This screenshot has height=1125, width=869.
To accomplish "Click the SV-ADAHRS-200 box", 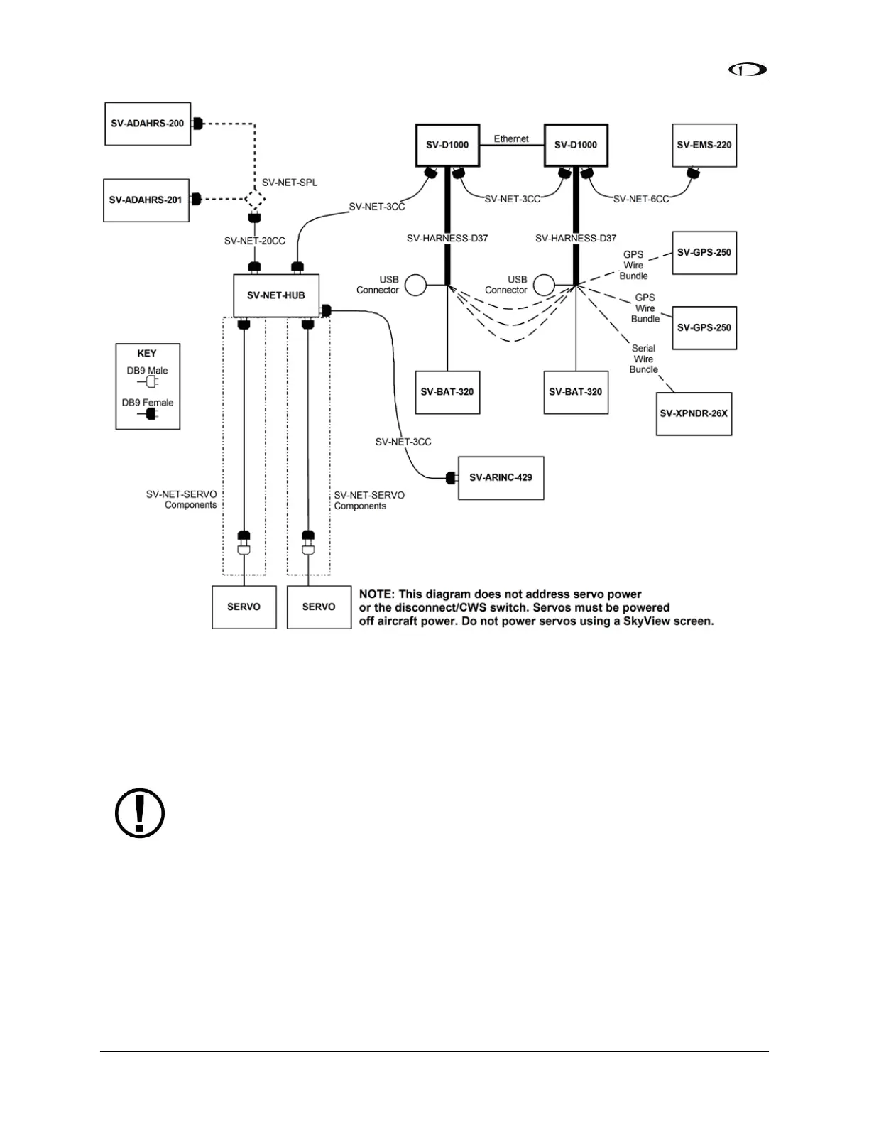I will click(148, 124).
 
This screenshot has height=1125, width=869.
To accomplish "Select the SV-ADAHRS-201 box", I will click(146, 200).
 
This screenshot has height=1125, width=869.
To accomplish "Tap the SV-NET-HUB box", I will click(276, 295).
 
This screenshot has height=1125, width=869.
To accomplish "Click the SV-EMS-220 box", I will click(704, 146).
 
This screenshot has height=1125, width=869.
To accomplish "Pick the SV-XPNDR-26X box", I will click(694, 413).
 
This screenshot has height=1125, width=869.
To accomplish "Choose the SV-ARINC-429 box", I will click(501, 478).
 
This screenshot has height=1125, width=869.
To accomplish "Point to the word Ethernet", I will click(511, 139).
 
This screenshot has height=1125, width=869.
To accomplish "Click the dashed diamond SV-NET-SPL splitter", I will click(255, 200).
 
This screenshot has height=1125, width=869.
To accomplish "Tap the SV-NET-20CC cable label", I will click(255, 241).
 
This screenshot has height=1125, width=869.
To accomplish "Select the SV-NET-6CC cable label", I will click(641, 200).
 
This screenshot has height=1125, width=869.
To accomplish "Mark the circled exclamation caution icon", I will click(140, 812).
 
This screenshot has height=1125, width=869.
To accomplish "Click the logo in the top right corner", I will click(748, 71).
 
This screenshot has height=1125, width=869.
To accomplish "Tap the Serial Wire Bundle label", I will click(644, 359).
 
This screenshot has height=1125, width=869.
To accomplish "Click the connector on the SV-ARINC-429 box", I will click(452, 478).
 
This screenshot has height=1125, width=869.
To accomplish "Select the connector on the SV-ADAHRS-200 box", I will click(198, 124).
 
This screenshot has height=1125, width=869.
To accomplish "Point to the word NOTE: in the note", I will click(376, 594).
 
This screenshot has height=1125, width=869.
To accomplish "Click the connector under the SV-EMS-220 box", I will click(694, 173).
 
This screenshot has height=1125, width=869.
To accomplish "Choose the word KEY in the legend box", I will click(147, 354).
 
